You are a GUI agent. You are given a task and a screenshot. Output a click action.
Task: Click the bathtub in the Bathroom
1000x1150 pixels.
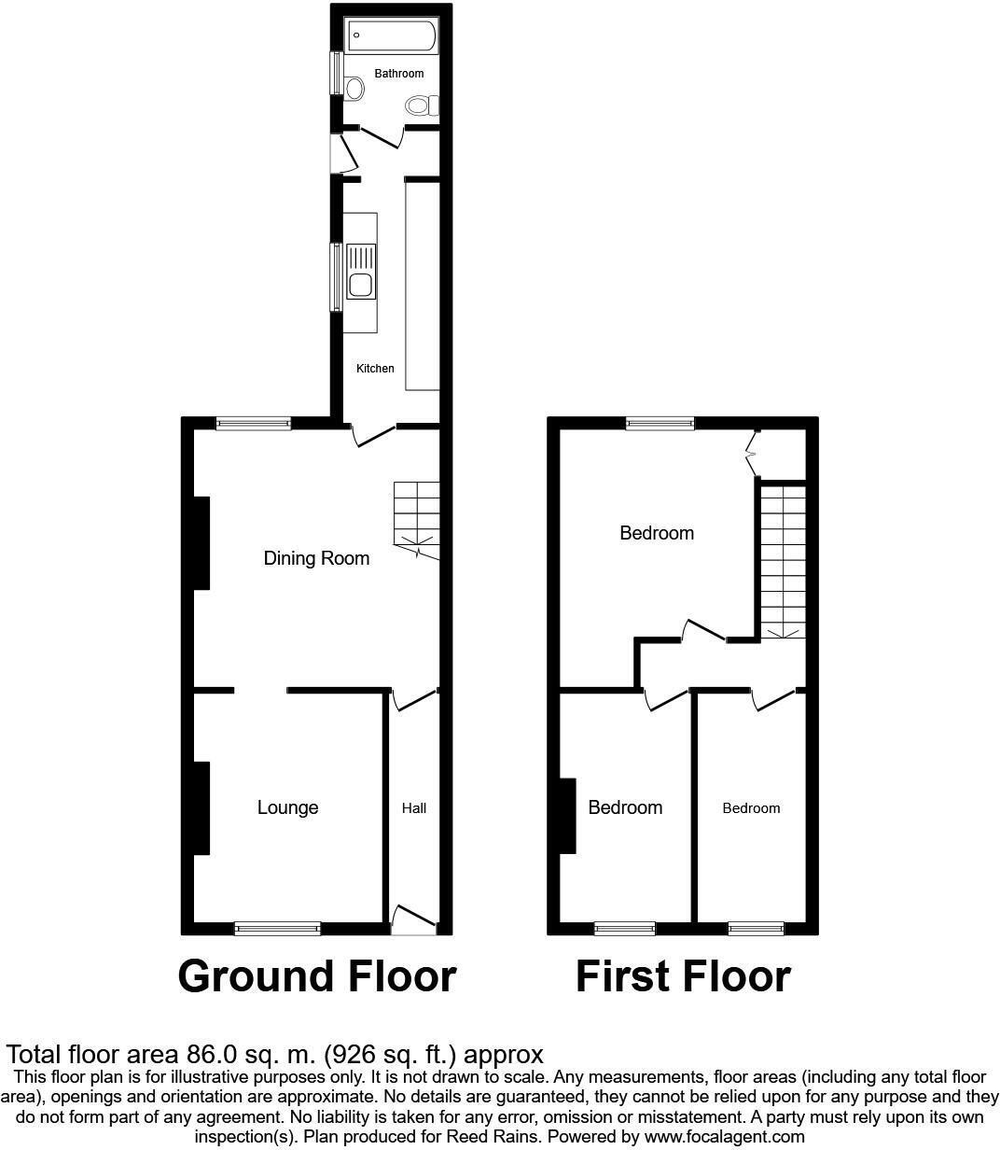pyautogui.click(x=391, y=37)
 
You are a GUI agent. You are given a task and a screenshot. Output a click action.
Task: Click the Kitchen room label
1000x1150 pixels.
pyautogui.click(x=375, y=369)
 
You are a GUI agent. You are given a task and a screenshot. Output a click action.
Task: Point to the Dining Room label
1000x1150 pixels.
pyautogui.click(x=316, y=558)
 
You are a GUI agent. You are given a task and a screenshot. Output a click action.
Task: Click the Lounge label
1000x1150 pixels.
pyautogui.click(x=287, y=807)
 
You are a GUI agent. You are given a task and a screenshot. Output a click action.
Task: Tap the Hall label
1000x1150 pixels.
pyautogui.click(x=414, y=808)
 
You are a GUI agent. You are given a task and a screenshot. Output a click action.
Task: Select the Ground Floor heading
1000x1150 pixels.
pyautogui.click(x=316, y=976)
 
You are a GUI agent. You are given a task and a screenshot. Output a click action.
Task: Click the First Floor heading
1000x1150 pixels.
pyautogui.click(x=683, y=976)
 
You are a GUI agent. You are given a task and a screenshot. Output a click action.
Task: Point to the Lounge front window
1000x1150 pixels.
pyautogui.click(x=277, y=928)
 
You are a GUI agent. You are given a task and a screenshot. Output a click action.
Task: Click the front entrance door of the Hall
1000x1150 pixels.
pyautogui.click(x=413, y=919)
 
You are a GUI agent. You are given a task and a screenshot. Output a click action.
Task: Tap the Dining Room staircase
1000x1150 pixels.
pyautogui.click(x=415, y=518)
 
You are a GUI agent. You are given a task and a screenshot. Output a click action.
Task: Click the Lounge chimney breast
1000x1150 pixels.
pyautogui.click(x=201, y=808)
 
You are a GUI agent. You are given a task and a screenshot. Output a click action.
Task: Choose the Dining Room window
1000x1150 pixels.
pyautogui.click(x=253, y=424)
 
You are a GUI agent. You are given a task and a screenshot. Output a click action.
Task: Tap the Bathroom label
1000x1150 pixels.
pyautogui.click(x=399, y=74)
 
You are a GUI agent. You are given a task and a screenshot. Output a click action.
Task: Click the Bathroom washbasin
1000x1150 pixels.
pyautogui.click(x=354, y=89)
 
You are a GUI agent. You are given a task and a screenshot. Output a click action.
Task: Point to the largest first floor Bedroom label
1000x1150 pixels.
pyautogui.click(x=657, y=533)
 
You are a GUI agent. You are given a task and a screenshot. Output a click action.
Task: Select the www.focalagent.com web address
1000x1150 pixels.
pyautogui.click(x=724, y=1136)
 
